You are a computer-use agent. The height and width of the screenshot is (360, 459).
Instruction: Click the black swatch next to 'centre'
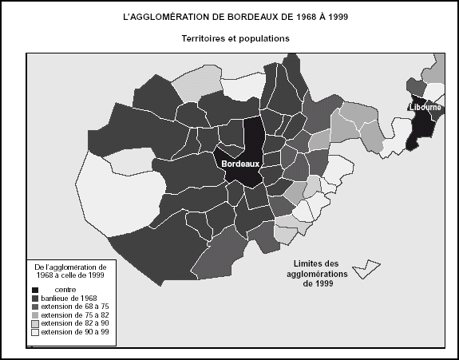click(37, 289)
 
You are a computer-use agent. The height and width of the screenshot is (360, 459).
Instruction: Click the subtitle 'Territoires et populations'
click(231, 38)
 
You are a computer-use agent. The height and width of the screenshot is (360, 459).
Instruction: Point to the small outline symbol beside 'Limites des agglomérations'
click(367, 269)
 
